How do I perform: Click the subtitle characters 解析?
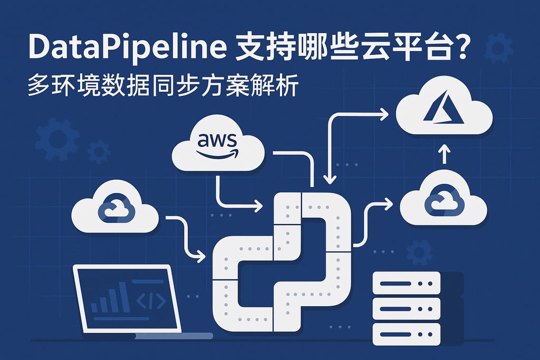pos(283,85)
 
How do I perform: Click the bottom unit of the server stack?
pos(406,333)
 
